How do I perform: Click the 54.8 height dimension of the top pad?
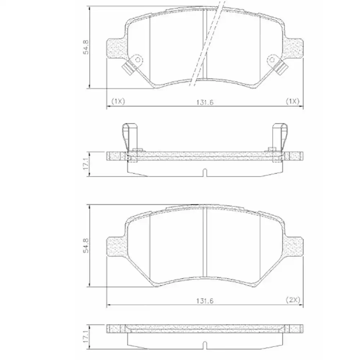click(x=86, y=47)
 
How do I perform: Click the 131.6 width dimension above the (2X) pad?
click(x=205, y=300)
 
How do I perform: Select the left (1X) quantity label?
click(x=118, y=101)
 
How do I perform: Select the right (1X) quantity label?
click(x=292, y=101)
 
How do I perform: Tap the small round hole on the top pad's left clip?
click(x=137, y=59)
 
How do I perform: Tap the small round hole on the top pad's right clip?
click(x=273, y=59)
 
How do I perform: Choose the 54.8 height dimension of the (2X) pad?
click(x=86, y=246)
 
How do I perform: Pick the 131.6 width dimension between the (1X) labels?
click(x=205, y=102)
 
